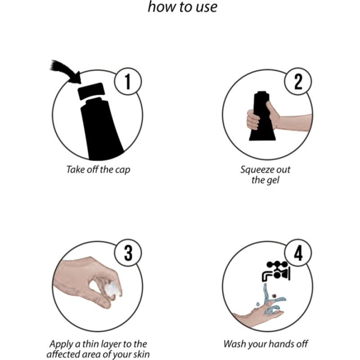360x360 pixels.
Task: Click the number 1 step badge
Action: tap(128, 81)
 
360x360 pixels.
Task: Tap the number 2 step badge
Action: tap(298, 81)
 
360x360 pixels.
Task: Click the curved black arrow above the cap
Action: tap(65, 70)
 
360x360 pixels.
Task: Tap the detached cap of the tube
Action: tap(91, 91)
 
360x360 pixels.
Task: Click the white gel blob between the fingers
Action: tap(112, 289)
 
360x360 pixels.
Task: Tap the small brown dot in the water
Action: tap(274, 296)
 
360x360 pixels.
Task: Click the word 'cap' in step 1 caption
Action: tap(122, 170)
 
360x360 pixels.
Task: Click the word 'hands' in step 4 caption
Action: tap(281, 344)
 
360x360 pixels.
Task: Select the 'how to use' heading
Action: tap(183, 6)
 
